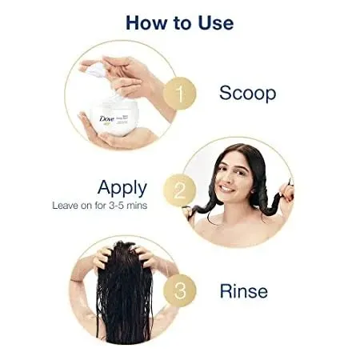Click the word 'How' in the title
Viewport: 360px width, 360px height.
pos(147,22)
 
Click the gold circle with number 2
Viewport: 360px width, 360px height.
pos(180,190)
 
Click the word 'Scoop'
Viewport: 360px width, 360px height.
pos(247,94)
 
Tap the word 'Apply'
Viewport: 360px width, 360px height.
pos(122,188)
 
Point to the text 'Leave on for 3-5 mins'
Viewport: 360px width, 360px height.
pos(99,206)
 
